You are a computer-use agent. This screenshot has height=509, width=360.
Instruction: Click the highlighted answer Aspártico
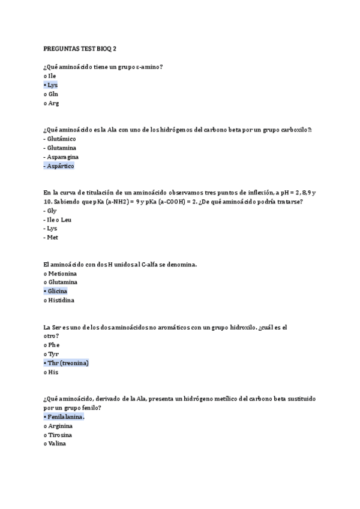61,166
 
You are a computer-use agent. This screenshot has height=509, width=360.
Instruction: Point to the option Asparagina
63,157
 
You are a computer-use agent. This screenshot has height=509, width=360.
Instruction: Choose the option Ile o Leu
59,220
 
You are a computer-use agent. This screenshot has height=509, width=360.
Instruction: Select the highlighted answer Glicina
58,291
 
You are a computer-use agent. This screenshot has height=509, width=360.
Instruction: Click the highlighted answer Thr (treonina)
68,363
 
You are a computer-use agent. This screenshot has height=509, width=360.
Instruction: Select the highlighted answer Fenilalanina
66,417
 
